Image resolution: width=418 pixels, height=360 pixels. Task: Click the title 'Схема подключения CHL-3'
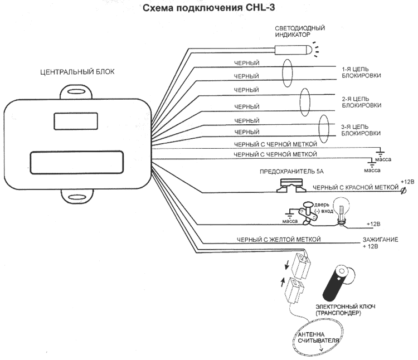click(209, 8)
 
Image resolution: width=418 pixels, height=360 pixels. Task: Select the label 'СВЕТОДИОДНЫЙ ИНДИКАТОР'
click(300, 31)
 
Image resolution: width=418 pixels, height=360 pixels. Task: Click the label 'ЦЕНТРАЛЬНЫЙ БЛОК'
click(77, 72)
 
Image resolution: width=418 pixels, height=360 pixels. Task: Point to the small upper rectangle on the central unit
click(76, 121)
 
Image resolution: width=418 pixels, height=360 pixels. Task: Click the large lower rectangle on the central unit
click(77, 162)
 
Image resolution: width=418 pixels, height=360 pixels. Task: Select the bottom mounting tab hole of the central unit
click(77, 197)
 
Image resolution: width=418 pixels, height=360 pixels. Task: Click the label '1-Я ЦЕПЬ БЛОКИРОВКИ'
click(361, 72)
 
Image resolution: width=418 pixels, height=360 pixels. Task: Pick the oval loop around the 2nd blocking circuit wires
click(305, 103)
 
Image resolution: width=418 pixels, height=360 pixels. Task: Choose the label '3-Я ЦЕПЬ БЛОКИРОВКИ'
click(361, 130)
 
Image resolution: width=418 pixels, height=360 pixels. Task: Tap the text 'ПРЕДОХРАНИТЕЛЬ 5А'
click(291, 172)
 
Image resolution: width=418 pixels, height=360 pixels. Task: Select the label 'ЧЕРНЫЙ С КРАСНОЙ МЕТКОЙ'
click(356, 188)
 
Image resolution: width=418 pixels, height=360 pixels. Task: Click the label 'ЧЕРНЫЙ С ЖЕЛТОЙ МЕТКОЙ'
click(279, 240)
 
